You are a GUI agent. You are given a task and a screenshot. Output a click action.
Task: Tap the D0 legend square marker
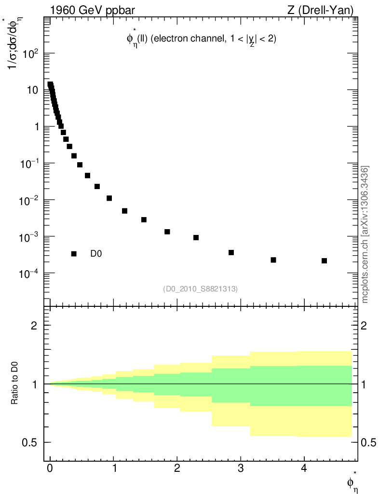74,254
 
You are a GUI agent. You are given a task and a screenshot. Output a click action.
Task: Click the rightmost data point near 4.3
324,261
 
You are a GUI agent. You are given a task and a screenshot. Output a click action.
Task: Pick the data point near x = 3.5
273,260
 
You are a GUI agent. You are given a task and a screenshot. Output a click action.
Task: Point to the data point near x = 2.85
231,253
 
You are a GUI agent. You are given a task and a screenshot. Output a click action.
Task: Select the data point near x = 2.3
196,238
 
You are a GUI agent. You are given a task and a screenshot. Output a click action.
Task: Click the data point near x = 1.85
167,232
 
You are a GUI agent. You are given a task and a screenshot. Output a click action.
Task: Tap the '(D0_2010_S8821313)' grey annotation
200,288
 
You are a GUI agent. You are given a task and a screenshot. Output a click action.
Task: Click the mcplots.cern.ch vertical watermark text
365,234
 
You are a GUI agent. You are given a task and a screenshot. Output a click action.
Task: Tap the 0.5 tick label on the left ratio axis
30,442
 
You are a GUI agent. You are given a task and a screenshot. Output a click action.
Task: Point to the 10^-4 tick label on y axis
29,273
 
